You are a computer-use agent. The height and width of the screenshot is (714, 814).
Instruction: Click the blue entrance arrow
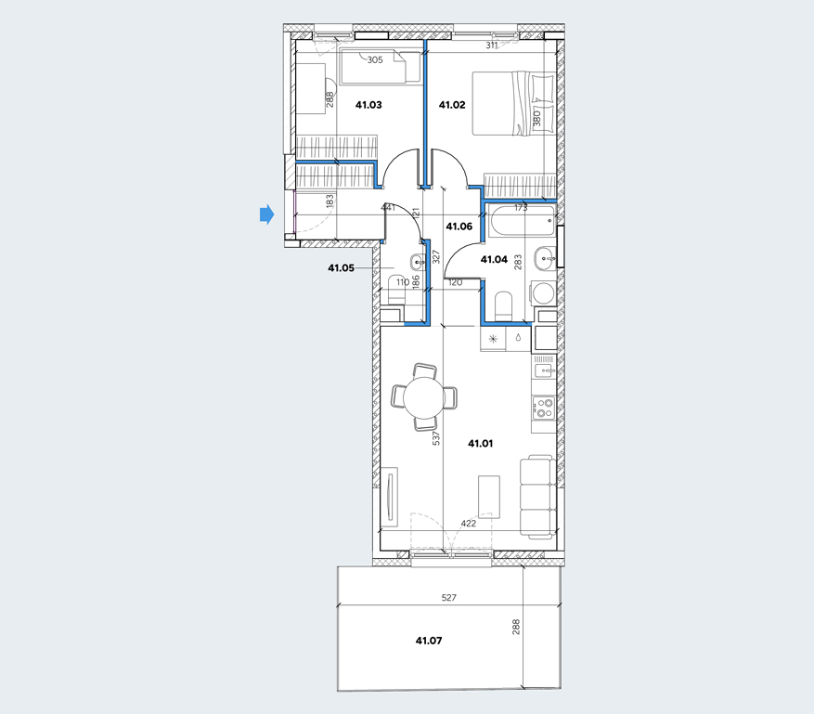[266, 214]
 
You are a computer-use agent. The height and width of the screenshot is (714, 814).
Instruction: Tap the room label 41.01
[480, 444]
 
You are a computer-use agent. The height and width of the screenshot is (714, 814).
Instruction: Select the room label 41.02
[452, 105]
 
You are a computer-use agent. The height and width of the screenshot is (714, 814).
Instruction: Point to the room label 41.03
[368, 105]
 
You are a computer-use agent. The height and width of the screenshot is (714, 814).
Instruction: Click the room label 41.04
[494, 260]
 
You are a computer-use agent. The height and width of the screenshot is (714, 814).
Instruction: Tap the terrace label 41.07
[429, 641]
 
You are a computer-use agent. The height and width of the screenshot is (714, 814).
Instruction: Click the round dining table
[424, 397]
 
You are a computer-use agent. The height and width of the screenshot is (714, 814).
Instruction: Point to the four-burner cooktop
[543, 409]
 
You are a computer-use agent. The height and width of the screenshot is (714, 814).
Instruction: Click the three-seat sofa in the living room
[537, 497]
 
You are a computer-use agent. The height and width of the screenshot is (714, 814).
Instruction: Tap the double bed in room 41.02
[512, 104]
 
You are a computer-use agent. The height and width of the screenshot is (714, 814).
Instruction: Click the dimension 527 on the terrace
[448, 598]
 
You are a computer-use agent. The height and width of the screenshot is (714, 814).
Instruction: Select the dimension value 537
[436, 437]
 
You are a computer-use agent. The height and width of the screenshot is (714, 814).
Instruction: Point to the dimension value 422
[468, 524]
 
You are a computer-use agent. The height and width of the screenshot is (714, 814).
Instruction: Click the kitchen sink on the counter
[544, 370]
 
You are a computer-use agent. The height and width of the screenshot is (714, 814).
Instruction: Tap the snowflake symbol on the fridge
[493, 340]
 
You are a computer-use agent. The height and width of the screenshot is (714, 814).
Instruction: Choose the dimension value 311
[492, 45]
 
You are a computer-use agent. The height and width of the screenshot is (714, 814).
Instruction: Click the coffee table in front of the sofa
[489, 497]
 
